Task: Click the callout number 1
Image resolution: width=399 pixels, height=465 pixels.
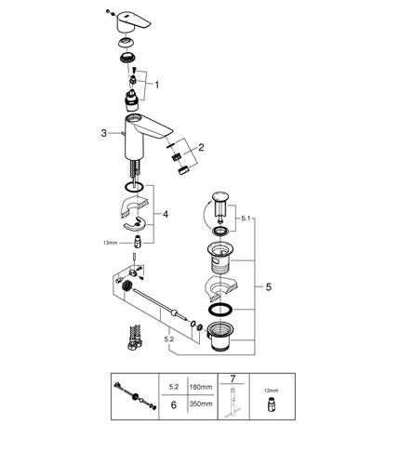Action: [157, 85]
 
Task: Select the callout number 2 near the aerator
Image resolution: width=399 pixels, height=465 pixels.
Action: [201, 147]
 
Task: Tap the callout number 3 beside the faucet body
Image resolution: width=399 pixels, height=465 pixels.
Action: [104, 133]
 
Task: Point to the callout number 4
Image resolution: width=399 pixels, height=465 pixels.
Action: [166, 214]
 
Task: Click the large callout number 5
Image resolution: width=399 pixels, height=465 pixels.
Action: [269, 286]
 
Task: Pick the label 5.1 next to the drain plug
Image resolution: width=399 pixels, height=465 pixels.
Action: [246, 219]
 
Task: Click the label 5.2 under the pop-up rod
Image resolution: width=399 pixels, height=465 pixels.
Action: [169, 339]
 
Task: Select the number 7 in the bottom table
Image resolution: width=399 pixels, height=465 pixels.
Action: [233, 379]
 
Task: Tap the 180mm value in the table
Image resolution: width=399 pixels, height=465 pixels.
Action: [201, 387]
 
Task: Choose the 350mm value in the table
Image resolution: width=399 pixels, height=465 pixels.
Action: [201, 404]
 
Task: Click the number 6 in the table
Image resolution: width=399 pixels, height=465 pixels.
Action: [174, 405]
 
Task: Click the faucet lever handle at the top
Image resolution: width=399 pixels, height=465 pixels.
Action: [133, 22]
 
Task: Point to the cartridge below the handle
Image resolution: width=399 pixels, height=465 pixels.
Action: [132, 100]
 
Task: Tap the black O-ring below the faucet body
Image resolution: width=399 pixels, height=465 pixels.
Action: [134, 187]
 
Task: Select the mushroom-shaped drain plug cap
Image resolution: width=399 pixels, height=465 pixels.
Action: [219, 196]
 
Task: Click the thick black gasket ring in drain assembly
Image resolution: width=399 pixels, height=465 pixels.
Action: [219, 310]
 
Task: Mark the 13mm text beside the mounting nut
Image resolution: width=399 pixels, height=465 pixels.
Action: [110, 243]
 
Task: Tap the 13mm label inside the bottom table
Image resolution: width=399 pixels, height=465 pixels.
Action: [272, 391]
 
